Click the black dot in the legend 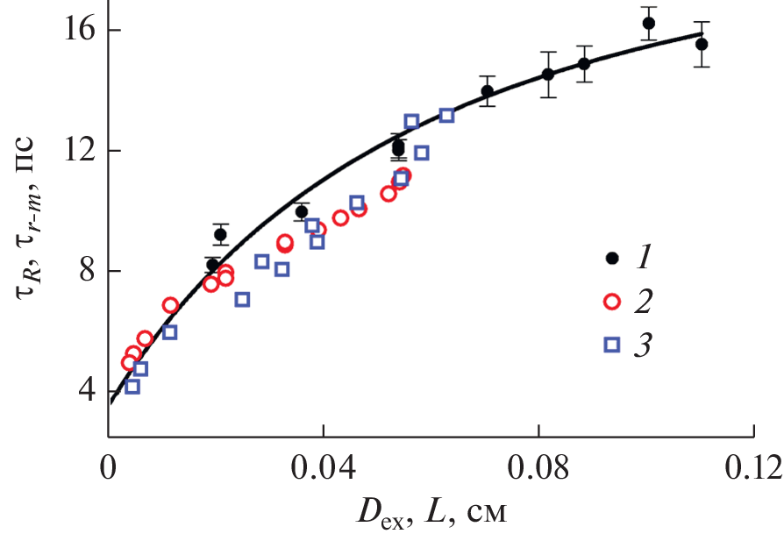pos(613,258)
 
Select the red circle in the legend pos(613,301)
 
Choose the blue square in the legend pos(613,345)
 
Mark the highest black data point pos(649,24)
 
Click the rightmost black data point pos(702,44)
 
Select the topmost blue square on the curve pos(446,115)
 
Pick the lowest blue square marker pos(132,387)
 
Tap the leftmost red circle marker pos(129,363)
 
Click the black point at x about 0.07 pos(488,91)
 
